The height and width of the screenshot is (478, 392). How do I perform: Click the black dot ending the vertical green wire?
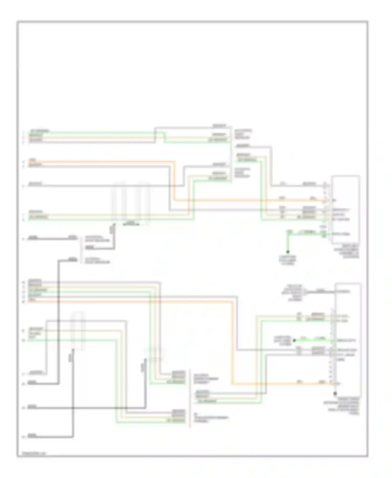(288, 252)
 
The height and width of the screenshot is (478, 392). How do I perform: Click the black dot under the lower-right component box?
(335, 393)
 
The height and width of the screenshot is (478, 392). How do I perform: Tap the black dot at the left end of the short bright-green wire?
(294, 340)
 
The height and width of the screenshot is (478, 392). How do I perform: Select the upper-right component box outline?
(345, 209)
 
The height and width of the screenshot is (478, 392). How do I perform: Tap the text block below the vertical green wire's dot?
(287, 260)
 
